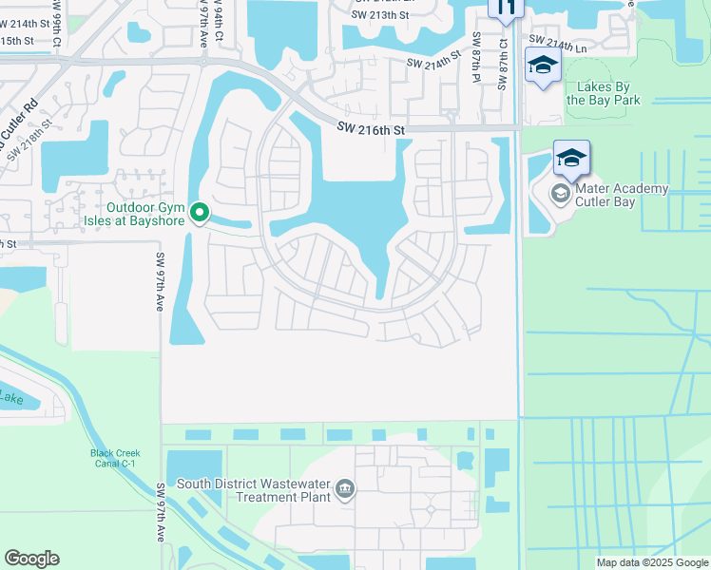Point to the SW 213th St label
(377, 14)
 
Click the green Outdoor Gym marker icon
(200, 213)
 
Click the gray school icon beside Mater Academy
(561, 195)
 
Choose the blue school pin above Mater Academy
(571, 159)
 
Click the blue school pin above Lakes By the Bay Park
(543, 66)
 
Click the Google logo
(31, 559)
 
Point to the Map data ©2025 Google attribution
(651, 562)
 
